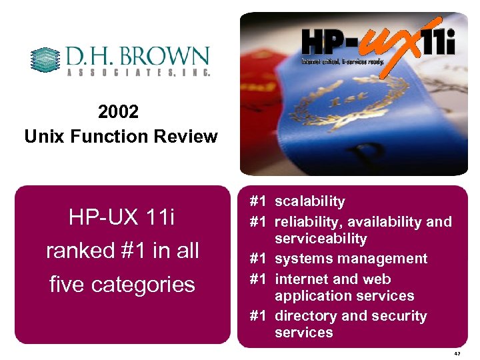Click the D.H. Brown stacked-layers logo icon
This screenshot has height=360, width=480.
[x=46, y=60]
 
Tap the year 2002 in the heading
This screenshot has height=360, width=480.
[x=118, y=111]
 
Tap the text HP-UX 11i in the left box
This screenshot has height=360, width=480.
[x=121, y=217]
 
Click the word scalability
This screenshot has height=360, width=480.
[x=310, y=201]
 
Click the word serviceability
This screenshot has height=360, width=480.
[x=321, y=239]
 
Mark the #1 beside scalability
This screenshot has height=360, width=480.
[x=258, y=201]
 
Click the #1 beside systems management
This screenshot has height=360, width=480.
[x=258, y=259]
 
